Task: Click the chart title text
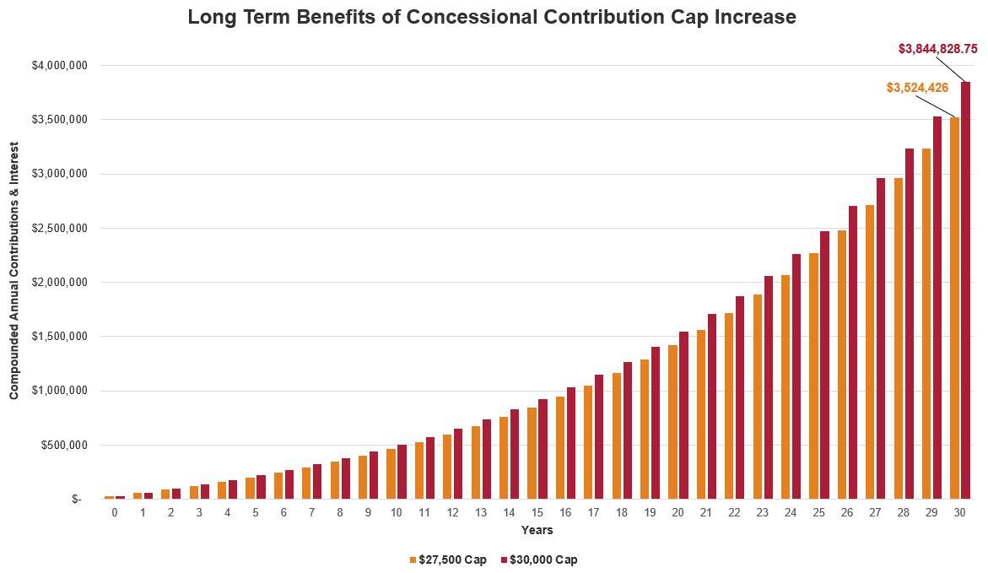click(x=492, y=17)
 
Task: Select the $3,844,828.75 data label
click(x=937, y=49)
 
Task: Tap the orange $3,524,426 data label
click(x=917, y=88)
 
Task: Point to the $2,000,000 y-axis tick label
click(x=59, y=282)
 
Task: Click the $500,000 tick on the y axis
click(x=64, y=445)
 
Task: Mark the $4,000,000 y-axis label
click(x=59, y=65)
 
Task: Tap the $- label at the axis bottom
click(x=77, y=499)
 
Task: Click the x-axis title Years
click(x=537, y=530)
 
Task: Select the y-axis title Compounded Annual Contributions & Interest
click(x=14, y=270)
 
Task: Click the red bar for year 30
click(x=965, y=290)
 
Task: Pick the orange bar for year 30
click(x=954, y=308)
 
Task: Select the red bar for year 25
click(x=824, y=365)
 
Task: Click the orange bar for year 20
click(x=672, y=422)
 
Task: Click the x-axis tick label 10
click(x=396, y=512)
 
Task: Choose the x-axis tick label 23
click(x=763, y=512)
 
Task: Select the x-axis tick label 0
click(x=115, y=512)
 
